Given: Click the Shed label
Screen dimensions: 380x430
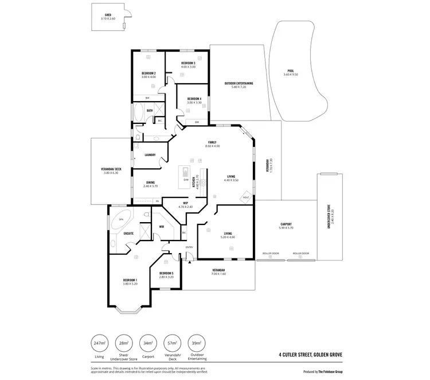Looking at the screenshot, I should point(107,16).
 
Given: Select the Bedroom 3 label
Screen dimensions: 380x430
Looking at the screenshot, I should point(188,64).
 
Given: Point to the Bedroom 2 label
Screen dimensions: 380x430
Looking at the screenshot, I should point(148,74).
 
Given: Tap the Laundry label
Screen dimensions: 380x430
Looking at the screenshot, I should point(150,154).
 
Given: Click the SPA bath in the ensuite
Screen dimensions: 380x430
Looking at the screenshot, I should point(121,219).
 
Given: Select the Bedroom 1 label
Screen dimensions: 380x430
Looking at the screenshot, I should point(130,281).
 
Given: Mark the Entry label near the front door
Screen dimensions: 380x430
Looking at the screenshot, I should point(189,247).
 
